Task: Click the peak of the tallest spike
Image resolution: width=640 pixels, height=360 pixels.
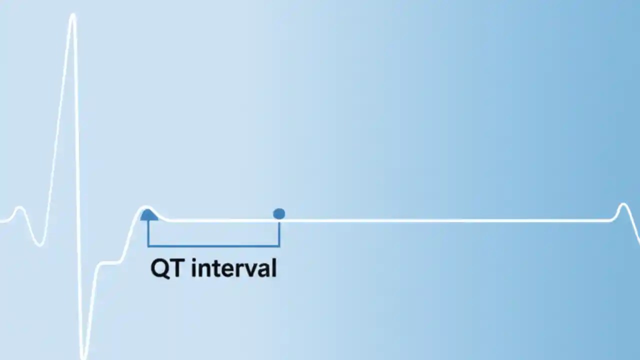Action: coord(73,16)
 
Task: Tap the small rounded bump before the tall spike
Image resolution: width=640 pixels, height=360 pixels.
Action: coord(19,208)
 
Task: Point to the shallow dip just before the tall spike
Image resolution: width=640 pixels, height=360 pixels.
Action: coord(39,244)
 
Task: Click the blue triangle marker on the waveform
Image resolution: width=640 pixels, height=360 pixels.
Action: coord(148,215)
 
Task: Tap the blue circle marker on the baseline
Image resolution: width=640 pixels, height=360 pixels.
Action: coord(279,214)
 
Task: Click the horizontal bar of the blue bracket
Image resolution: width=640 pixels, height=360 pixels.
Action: coord(213,245)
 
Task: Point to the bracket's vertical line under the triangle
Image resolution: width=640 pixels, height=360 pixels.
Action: coord(148,233)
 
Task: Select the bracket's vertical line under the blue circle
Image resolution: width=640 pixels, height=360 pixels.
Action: coord(279,233)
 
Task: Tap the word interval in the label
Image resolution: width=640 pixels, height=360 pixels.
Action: coord(234,268)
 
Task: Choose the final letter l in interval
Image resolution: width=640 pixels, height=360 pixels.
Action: coord(273,268)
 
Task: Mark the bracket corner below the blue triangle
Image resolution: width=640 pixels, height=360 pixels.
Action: coord(148,245)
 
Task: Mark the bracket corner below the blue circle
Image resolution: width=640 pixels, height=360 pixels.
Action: coord(279,245)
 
